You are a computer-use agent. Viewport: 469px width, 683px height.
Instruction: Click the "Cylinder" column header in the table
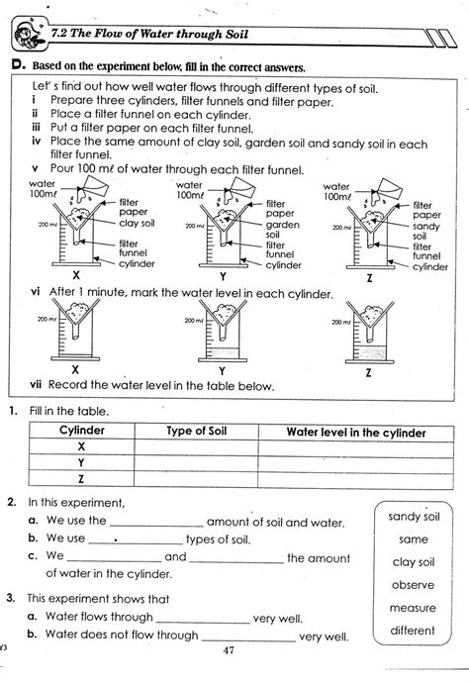[82, 433]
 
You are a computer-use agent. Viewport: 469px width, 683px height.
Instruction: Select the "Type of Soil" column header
[198, 433]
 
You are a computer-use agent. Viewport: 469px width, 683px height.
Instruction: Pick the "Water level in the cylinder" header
[356, 433]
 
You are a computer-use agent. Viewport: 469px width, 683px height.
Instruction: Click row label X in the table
[82, 447]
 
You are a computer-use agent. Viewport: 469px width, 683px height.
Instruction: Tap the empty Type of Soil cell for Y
[198, 462]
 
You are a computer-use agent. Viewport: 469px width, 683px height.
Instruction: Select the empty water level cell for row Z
[356, 477]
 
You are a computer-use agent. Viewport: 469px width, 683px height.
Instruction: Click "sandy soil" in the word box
[414, 517]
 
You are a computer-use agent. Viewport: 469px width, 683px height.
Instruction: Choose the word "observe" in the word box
[414, 585]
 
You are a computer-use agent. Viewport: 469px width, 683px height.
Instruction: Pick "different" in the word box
[414, 631]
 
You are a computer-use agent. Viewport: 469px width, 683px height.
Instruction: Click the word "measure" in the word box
[414, 608]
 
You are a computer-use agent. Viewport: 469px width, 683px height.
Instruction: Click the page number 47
[230, 651]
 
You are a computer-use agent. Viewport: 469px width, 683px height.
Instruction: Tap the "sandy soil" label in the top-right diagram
[426, 231]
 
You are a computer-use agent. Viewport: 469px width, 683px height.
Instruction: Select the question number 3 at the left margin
[9, 599]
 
